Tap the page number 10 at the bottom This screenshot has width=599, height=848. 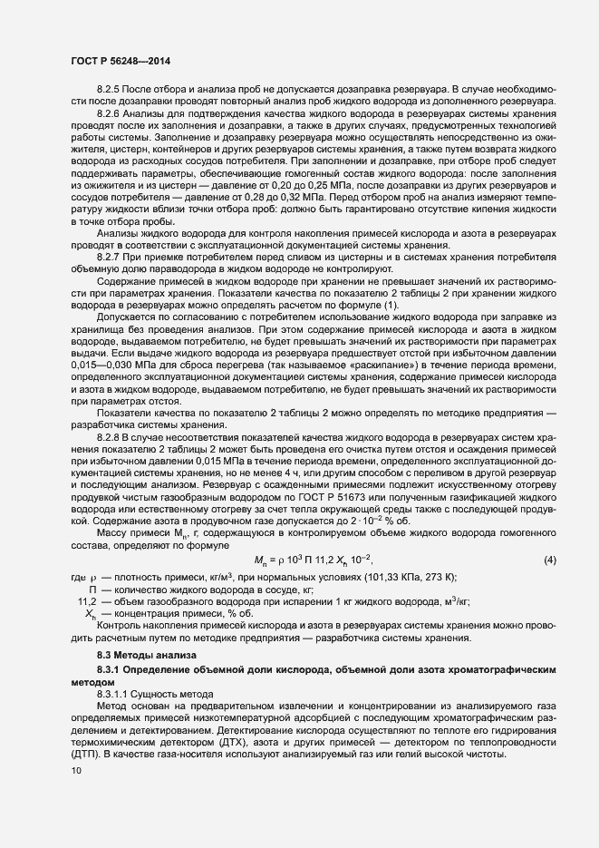77,771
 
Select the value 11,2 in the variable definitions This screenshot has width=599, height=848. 88,601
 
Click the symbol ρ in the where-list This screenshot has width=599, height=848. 92,578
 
